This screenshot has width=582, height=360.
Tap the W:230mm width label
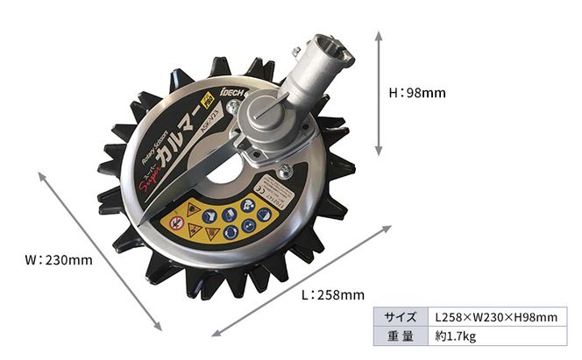pyautogui.click(x=58, y=260)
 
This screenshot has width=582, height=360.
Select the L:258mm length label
pyautogui.click(x=332, y=294)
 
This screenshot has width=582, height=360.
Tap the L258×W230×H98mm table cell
pyautogui.click(x=496, y=316)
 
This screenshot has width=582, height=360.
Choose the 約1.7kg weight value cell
pyautogui.click(x=456, y=336)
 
